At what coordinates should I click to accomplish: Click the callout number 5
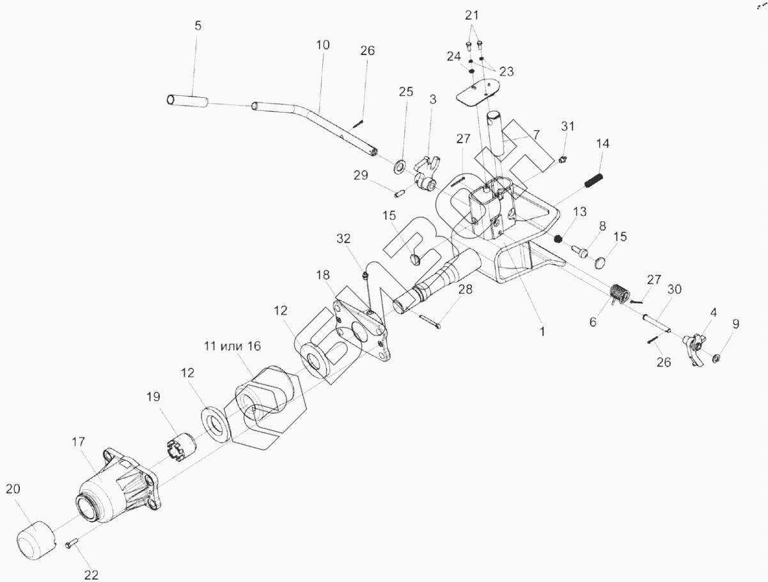point(198,26)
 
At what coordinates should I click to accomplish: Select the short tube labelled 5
point(187,100)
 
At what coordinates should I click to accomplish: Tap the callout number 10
point(322,45)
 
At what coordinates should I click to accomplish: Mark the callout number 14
point(602,144)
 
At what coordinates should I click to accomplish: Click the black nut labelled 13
point(558,239)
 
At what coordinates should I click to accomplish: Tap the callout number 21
point(471,15)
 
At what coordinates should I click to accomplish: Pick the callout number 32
point(344,239)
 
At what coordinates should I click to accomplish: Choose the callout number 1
point(542,332)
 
